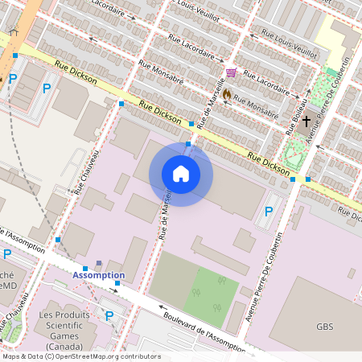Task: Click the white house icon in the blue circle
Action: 181,174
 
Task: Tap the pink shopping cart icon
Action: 231,73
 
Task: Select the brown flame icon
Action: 227,93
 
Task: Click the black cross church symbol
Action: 306,120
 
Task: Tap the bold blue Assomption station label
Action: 98,275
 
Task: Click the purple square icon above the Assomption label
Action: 99,263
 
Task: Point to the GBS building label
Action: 324,327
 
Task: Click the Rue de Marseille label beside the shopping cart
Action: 212,103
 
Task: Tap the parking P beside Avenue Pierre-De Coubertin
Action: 268,212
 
